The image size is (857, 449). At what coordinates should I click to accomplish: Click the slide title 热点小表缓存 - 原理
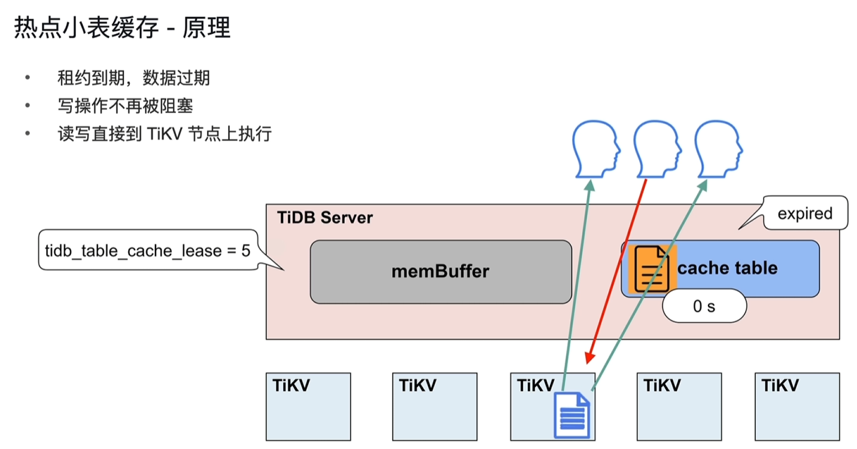pos(123,28)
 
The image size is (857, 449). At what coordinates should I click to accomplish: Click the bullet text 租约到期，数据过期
pos(133,78)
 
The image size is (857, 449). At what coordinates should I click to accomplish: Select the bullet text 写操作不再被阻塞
pos(125,106)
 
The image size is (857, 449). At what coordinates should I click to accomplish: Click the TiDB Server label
pos(325,218)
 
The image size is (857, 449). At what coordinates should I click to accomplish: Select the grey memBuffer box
pos(440,271)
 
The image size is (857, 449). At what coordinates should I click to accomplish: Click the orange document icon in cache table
pos(652,268)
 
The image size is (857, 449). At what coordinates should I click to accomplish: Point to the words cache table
pos(727,268)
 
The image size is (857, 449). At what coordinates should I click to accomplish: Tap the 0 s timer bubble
pos(704,306)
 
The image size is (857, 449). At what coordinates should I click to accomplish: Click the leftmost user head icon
pos(595,149)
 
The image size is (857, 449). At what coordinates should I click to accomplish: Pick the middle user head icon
pos(657,149)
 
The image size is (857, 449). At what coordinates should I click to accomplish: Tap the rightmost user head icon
pos(718,149)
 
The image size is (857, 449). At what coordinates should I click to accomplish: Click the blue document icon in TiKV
pos(572,415)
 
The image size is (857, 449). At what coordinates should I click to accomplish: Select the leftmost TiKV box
pos(308,407)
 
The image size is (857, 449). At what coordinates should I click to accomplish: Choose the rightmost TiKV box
pos(797,407)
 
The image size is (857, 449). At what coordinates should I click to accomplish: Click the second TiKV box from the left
pos(434,407)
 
